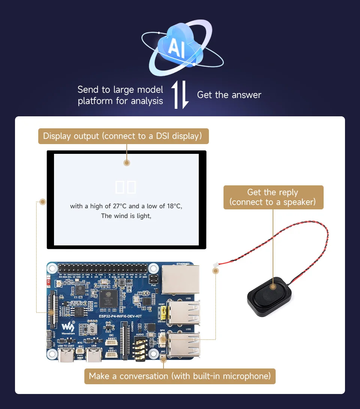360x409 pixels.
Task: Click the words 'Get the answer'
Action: point(229,95)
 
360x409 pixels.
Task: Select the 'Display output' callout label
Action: point(123,136)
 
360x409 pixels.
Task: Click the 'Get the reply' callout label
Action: point(273,197)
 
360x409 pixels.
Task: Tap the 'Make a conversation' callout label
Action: point(180,376)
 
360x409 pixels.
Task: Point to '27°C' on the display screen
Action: point(120,206)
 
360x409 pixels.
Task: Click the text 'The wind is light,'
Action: point(126,216)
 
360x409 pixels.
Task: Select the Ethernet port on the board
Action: point(180,280)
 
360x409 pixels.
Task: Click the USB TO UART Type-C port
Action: point(66,356)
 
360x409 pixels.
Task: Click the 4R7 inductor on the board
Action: point(92,329)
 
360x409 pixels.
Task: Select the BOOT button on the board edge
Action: point(49,334)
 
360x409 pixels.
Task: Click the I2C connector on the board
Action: point(111,354)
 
